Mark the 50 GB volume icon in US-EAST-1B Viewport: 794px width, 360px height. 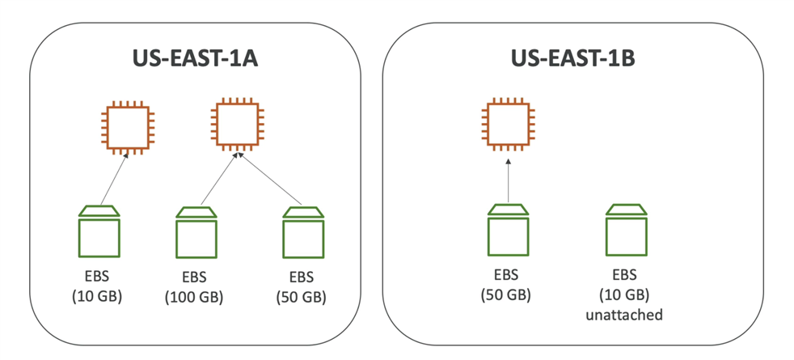coord(509,231)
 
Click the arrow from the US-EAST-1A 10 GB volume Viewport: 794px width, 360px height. coord(113,180)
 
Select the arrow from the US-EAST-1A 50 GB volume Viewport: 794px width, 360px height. coord(271,180)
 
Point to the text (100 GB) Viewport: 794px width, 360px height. coord(194,297)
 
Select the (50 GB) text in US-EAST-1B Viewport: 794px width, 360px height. coord(506,294)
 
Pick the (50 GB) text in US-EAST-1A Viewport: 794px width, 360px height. coord(301,297)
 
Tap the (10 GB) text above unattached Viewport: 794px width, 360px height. coord(626,294)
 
